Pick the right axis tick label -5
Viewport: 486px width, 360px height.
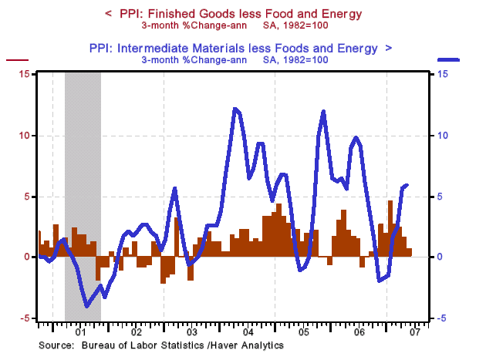tap(440, 318)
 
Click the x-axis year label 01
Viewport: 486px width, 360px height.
tap(81, 333)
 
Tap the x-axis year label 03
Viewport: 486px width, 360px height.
tap(192, 333)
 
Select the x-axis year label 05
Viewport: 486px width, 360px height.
tap(303, 333)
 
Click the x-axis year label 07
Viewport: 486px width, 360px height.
tap(414, 333)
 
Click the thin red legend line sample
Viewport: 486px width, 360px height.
tap(17, 59)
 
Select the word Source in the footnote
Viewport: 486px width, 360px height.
tap(56, 345)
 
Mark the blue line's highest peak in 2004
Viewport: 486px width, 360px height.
tap(235, 109)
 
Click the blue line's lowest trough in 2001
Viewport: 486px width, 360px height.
tap(86, 306)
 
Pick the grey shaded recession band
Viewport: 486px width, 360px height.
tap(83, 193)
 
